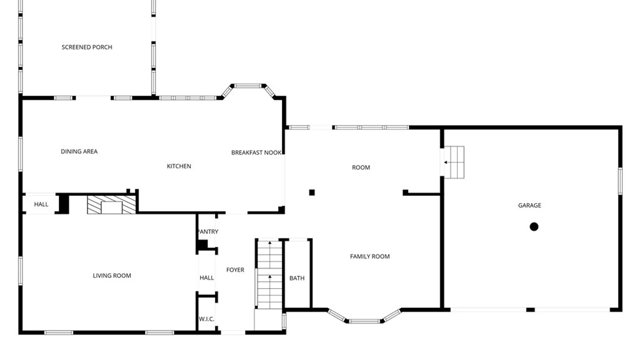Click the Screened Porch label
pos(87,47)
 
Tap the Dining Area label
pos(79,152)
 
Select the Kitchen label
pos(179,166)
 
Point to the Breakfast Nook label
pos(256,153)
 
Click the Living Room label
pos(112,276)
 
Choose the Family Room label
pos(370,256)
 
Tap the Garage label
pos(529,205)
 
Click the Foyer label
pos(235,270)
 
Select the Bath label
pos(297,278)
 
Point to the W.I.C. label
pos(206,319)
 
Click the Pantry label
pos(208,232)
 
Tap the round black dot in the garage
pos(534,227)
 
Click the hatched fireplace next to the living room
pos(111,205)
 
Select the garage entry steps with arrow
pos(454,162)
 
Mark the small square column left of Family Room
pos(312,192)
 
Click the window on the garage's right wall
pos(620,181)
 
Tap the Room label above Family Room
pos(361,167)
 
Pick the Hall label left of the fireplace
pos(41,204)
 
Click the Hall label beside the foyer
pos(207,278)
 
